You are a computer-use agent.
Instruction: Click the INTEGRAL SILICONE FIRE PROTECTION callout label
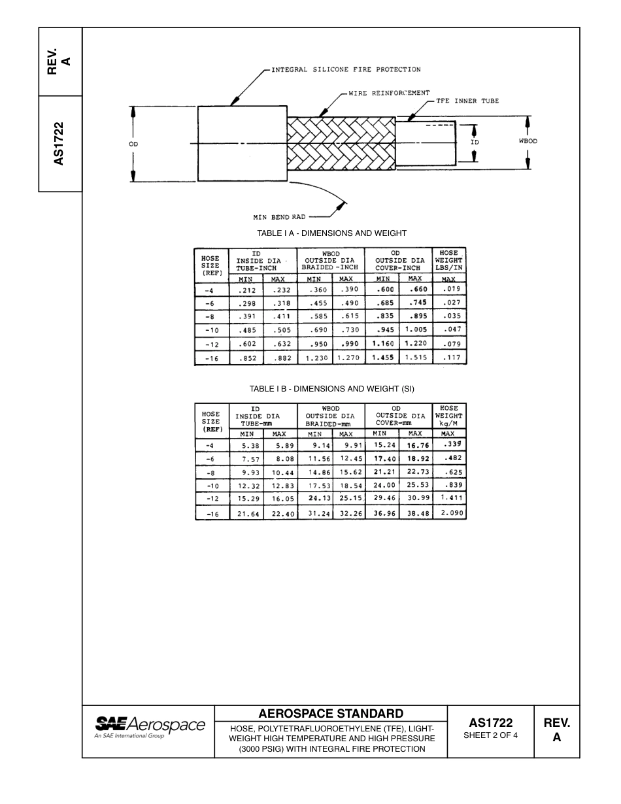point(346,69)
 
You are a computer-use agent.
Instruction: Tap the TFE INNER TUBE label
point(467,101)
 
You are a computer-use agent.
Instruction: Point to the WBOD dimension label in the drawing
point(528,141)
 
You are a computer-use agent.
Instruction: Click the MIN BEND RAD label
point(279,217)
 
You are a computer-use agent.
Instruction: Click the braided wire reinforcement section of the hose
point(340,144)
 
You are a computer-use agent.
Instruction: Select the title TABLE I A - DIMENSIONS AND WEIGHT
point(331,233)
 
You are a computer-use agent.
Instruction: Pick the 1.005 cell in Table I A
point(416,330)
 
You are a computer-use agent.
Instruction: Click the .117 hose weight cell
point(450,358)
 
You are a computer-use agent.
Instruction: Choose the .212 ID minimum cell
point(246,290)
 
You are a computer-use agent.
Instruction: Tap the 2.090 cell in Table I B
point(451,514)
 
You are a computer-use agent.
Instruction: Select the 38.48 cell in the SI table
point(415,514)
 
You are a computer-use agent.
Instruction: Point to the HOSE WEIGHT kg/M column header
point(449,416)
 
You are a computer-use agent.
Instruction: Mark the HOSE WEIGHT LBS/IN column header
point(449,260)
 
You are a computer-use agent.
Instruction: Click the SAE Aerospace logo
point(150,726)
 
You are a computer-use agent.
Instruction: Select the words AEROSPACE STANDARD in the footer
point(331,713)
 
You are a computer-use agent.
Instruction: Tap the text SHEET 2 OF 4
point(490,735)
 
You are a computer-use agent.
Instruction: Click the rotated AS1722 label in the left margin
point(59,143)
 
